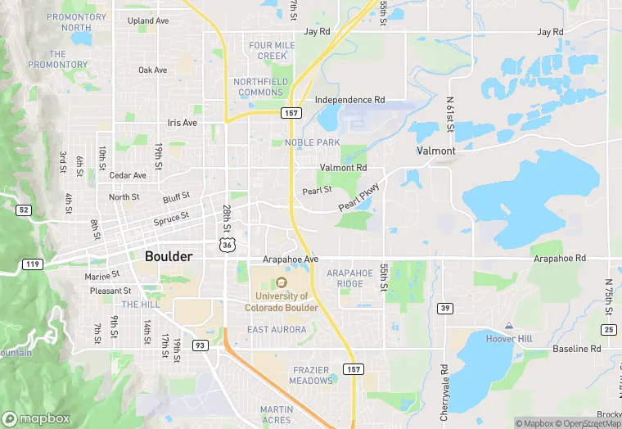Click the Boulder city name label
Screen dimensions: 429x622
(x=169, y=256)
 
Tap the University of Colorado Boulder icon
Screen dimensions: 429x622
(x=282, y=282)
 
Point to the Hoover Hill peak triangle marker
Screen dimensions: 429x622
(x=508, y=326)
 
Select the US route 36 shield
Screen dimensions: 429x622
(x=227, y=244)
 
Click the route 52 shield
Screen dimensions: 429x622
(x=23, y=210)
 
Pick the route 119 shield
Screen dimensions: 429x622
(x=33, y=264)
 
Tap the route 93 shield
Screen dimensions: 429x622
(x=200, y=345)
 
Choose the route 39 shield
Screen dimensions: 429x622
(x=445, y=308)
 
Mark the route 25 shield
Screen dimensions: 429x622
(x=609, y=329)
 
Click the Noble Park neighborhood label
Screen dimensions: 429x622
(x=312, y=142)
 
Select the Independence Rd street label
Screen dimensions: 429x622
(x=349, y=100)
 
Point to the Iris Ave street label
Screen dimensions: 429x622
(x=183, y=123)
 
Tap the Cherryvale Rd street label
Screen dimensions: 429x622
(x=444, y=388)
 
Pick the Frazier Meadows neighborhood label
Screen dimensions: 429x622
(x=311, y=376)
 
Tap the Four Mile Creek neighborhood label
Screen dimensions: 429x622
(x=273, y=50)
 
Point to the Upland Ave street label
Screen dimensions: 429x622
(x=147, y=20)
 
